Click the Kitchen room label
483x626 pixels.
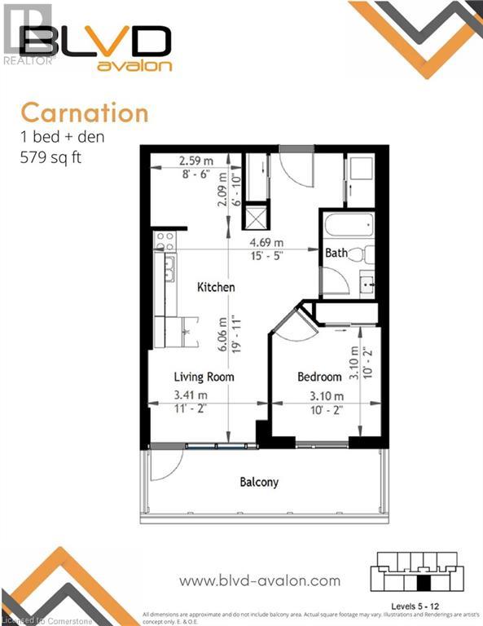(x=216, y=287)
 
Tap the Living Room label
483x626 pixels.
(x=204, y=377)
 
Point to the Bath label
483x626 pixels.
(x=336, y=253)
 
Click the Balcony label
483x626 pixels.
(x=259, y=482)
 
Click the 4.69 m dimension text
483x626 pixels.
(x=266, y=243)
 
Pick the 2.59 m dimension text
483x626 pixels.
(x=195, y=161)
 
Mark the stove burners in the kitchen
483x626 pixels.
(x=164, y=241)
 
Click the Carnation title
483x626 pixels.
(x=84, y=112)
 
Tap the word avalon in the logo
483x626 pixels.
(x=134, y=66)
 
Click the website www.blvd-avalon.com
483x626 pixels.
(x=259, y=580)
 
